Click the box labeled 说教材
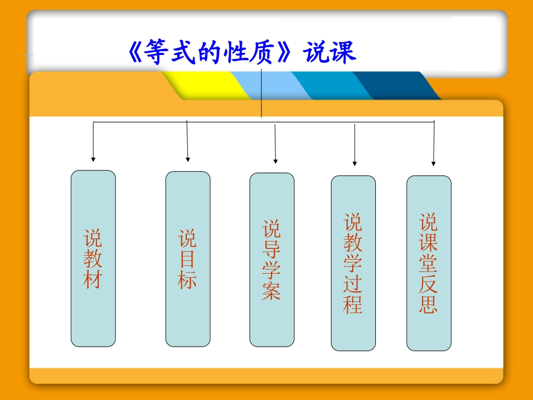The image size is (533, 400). point(93,258)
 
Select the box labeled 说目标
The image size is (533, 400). point(187,259)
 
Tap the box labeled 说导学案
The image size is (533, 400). point(272,259)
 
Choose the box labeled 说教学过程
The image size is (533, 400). point(353,263)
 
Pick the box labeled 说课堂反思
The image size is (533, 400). point(429,263)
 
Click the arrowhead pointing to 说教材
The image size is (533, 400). point(93,159)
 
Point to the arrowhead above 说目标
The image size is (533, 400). point(187,159)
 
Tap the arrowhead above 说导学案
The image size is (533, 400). point(275,160)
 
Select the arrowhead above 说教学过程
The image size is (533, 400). point(355,163)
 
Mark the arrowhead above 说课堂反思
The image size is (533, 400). point(434,163)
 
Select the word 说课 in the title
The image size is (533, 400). point(330,54)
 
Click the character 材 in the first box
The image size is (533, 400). point(93,279)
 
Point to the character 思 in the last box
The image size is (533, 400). point(428,304)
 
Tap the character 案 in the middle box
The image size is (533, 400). point(272,291)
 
